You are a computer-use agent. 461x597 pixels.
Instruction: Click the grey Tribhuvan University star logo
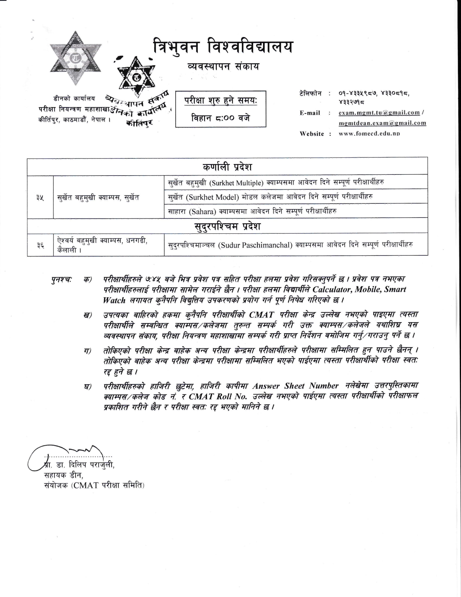75,58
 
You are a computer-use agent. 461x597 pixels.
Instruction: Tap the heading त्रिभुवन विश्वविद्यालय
222,47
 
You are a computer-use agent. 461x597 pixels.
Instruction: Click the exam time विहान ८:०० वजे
220,118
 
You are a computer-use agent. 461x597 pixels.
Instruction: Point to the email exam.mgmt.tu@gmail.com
379,113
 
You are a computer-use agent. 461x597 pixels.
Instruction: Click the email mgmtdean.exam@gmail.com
382,123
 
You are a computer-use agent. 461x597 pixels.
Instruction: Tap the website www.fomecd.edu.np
369,134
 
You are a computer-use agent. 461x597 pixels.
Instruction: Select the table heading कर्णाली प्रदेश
227,167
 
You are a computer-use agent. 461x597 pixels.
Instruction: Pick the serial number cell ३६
40,245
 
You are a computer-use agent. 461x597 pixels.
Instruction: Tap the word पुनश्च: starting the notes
62,279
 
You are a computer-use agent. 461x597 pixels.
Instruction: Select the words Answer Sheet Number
295,386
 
